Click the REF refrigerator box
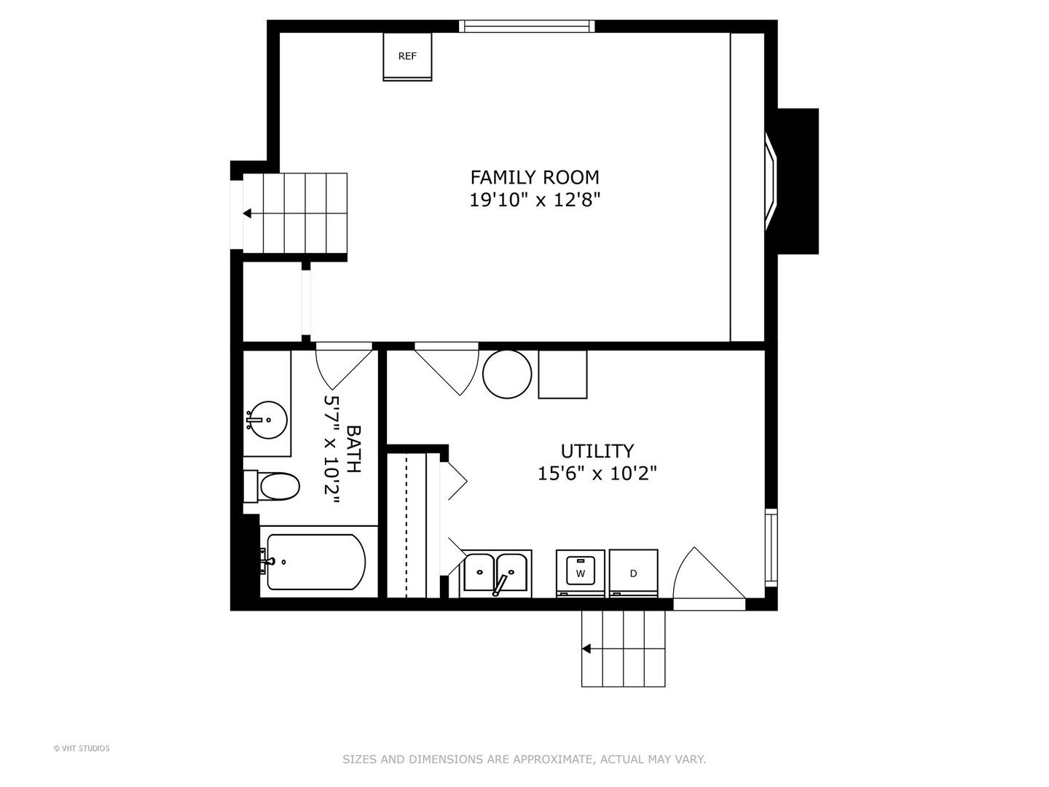(407, 56)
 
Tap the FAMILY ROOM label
(534, 177)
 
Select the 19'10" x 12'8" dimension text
(534, 200)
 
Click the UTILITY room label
(597, 451)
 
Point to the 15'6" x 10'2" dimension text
(597, 474)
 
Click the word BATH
(353, 449)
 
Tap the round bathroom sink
(269, 420)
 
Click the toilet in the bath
(272, 487)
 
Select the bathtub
(315, 562)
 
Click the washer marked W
(581, 573)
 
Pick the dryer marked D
(634, 573)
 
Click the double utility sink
(495, 573)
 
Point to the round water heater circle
(507, 374)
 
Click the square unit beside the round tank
(562, 374)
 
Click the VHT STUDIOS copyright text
(82, 748)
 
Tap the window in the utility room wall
(771, 547)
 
